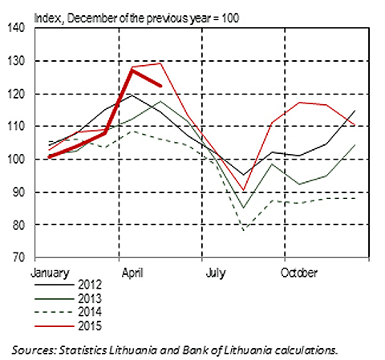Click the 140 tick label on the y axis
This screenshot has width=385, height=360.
[x=16, y=27]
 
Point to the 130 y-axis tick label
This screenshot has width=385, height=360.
[x=16, y=61]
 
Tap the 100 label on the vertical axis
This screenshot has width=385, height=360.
[x=16, y=160]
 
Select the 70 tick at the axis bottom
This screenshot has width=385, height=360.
[x=18, y=257]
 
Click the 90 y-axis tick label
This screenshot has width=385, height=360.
[x=18, y=192]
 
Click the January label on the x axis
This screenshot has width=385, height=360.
[x=50, y=273]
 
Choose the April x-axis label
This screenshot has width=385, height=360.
[x=132, y=273]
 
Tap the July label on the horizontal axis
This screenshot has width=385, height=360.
[x=216, y=273]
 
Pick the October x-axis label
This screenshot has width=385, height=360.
[x=299, y=273]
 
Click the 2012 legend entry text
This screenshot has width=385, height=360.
[x=90, y=285]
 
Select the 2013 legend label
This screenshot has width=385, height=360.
[x=90, y=299]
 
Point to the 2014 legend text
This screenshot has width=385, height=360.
[x=90, y=312]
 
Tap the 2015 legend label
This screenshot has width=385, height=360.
[x=90, y=326]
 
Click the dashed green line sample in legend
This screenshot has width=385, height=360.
[x=55, y=312]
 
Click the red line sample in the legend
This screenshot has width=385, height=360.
[x=55, y=326]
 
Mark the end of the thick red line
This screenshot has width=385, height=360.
[x=160, y=86]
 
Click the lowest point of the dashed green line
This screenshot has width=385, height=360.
[x=244, y=229]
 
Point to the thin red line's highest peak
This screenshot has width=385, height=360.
[x=160, y=63]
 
